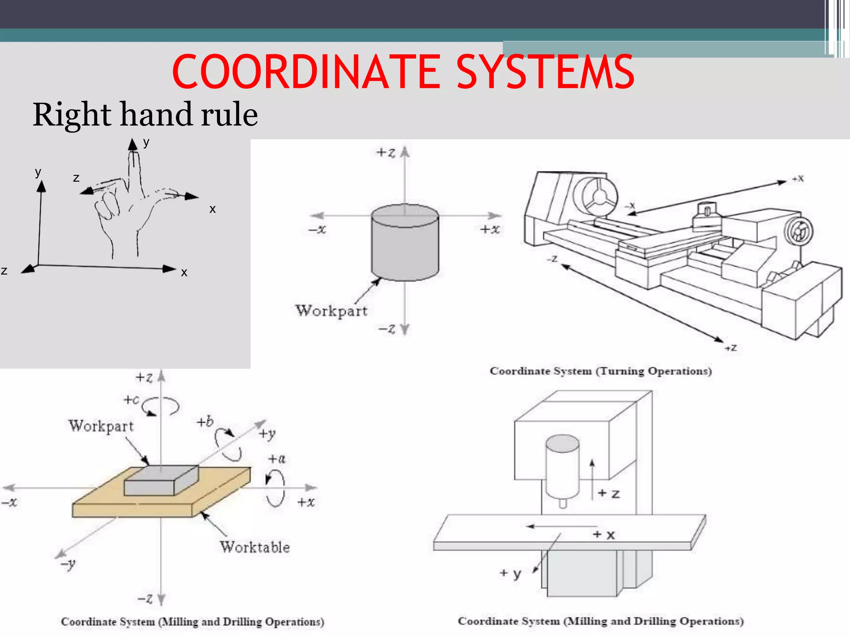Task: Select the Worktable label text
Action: pyautogui.click(x=255, y=547)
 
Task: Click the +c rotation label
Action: pyautogui.click(x=132, y=399)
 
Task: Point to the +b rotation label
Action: pyautogui.click(x=205, y=422)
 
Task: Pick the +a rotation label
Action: pyautogui.click(x=277, y=459)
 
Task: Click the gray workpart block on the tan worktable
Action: pyautogui.click(x=161, y=481)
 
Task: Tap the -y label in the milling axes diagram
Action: pyautogui.click(x=68, y=564)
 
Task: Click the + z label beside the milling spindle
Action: pyautogui.click(x=609, y=494)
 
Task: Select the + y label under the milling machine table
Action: pyautogui.click(x=510, y=573)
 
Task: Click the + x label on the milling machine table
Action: pyautogui.click(x=604, y=535)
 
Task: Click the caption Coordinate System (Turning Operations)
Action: pyautogui.click(x=601, y=371)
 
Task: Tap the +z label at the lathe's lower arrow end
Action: pyautogui.click(x=731, y=348)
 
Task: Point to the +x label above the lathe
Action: pyautogui.click(x=798, y=179)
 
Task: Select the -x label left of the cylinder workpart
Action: pyautogui.click(x=317, y=229)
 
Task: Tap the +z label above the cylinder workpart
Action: pyautogui.click(x=386, y=153)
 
